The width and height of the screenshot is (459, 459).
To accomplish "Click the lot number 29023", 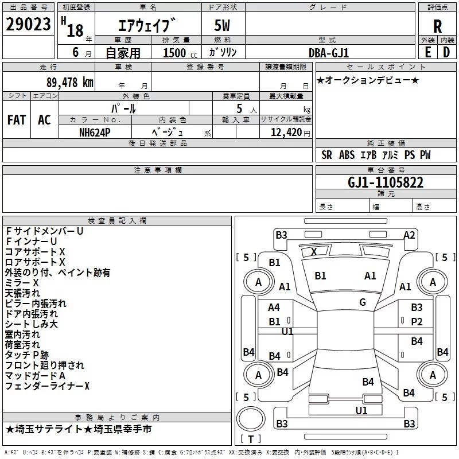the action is click(x=28, y=24).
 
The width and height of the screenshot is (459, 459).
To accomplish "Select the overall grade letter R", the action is click(x=437, y=26).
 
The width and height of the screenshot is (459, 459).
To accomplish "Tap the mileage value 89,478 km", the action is click(x=70, y=83).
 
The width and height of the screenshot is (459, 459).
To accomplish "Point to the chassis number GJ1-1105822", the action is click(x=385, y=182).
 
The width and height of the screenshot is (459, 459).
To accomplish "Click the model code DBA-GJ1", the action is click(x=329, y=53).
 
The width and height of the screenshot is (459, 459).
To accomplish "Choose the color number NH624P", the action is click(x=95, y=133).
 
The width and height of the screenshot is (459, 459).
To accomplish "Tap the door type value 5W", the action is click(x=222, y=25).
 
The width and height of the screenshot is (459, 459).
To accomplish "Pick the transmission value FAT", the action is click(x=17, y=120).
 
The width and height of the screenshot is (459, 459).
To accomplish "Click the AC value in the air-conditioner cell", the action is click(x=44, y=120).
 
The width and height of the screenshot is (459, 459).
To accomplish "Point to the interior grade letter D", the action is click(x=446, y=52).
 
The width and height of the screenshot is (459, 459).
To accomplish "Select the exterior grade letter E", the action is click(x=427, y=52).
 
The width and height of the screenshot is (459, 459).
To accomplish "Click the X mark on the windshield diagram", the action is click(x=314, y=251).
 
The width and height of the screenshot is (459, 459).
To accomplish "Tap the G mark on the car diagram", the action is click(x=363, y=302).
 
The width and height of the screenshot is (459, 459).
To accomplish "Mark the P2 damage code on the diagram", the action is click(x=417, y=322).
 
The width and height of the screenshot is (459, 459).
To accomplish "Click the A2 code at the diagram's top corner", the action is click(x=409, y=235).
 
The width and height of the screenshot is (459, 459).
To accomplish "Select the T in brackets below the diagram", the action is click(x=251, y=439).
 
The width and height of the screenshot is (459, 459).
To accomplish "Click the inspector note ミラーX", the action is click(x=22, y=283).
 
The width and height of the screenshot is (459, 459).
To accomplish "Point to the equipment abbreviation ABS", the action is click(x=347, y=155).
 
